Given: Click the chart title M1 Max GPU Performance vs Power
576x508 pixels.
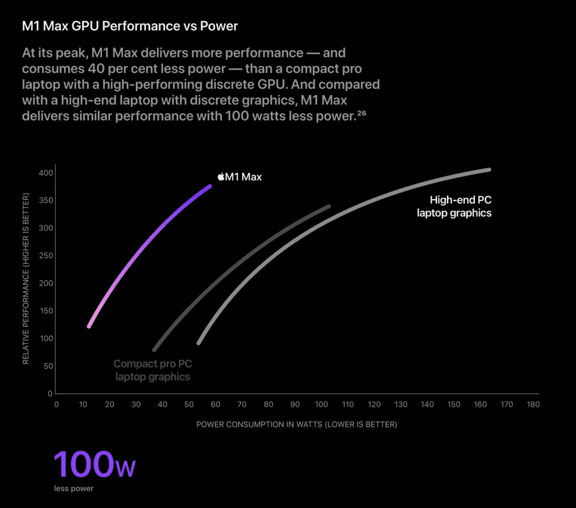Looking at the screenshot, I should pos(130,26).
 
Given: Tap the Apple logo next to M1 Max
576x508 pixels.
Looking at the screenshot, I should pos(221,177).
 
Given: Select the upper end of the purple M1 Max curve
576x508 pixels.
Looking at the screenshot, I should pos(210,186).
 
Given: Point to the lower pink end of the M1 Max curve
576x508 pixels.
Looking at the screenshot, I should pos(89,326).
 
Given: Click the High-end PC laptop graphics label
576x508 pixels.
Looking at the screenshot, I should pos(454,206).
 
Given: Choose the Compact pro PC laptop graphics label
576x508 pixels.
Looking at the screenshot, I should pos(153,370).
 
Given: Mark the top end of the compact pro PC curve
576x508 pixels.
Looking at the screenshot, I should pos(329,206).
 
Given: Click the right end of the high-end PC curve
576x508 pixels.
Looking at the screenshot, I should pos(489,169).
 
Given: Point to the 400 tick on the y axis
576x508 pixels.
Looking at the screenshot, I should pos(46,173).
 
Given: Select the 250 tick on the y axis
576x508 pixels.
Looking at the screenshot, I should pos(46,256).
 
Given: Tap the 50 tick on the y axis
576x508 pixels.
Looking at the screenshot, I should pos(48,366).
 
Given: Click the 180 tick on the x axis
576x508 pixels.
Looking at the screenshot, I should pos(533,405).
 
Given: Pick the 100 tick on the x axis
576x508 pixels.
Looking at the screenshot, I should pos(321,405).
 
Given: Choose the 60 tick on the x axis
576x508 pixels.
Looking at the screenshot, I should pos(215,405).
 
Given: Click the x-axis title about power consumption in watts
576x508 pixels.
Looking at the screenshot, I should pos(296,424).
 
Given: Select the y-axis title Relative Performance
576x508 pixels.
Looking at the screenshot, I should pos(26,278).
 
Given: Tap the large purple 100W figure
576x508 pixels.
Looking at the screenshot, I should pos(95,465).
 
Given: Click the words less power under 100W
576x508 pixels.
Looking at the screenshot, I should pos(74,489).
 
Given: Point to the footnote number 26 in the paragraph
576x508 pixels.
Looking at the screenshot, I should pos(362,114).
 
